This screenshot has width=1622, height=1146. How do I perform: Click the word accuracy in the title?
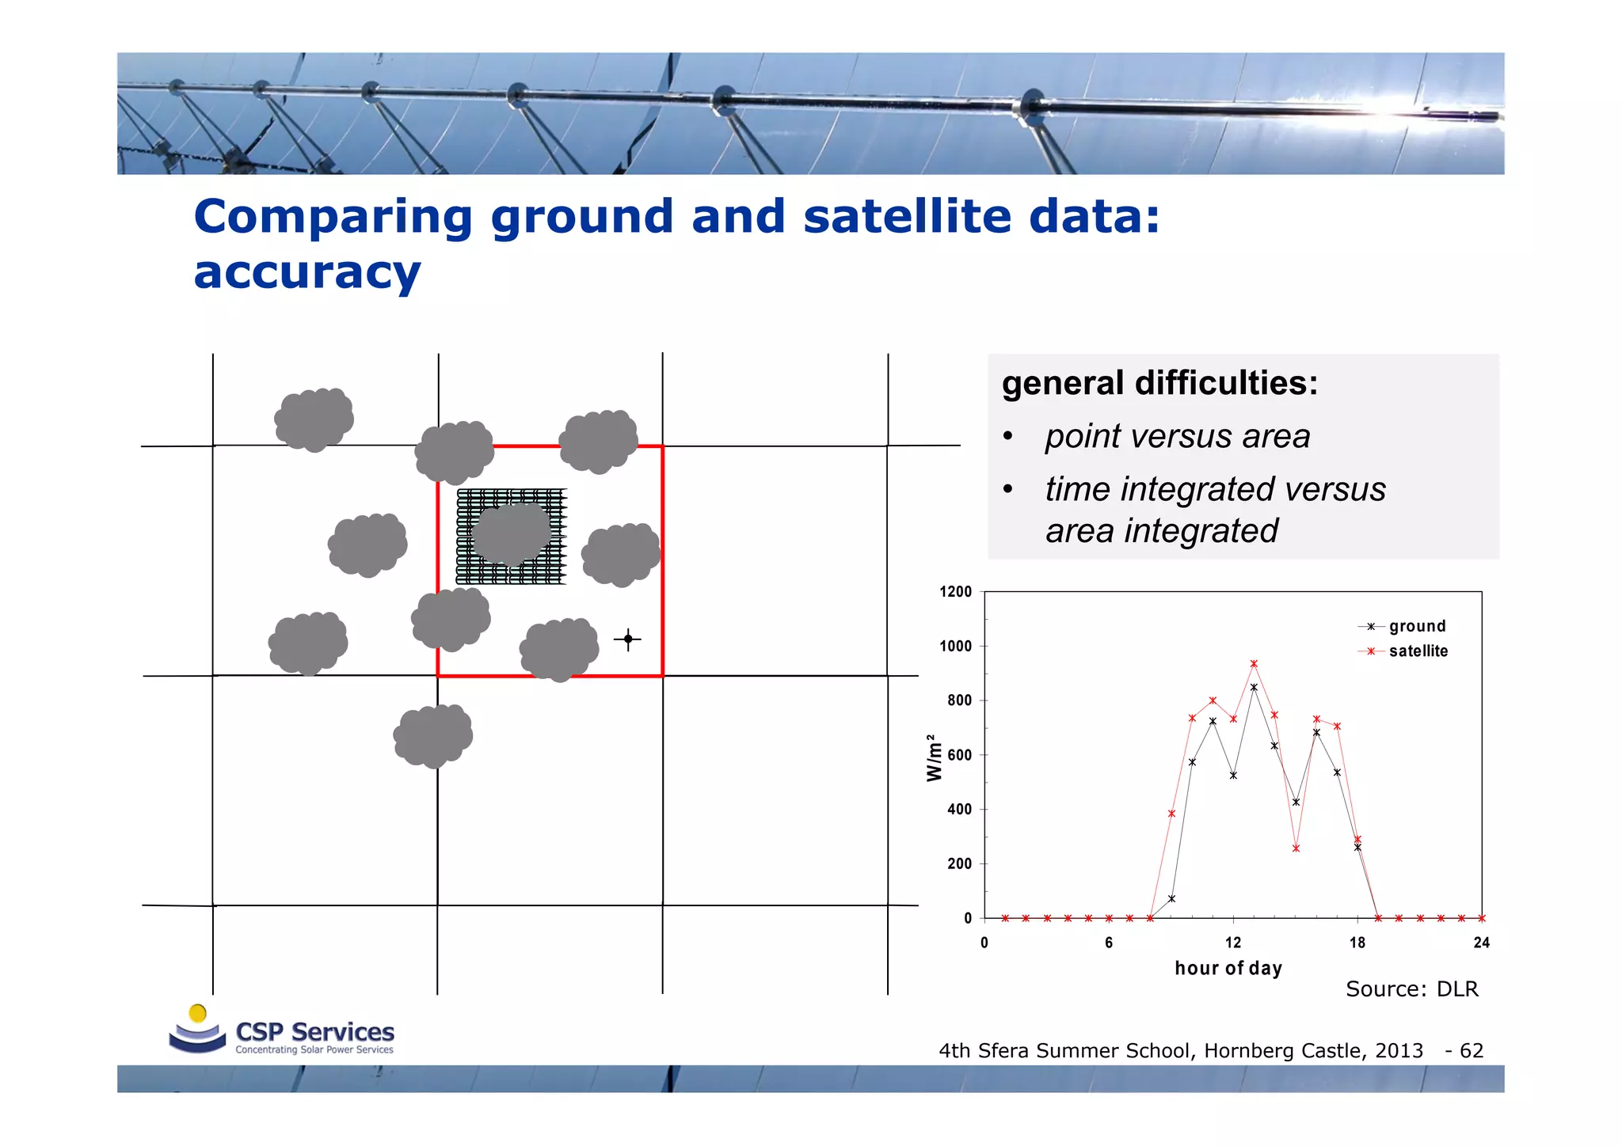pos(307,273)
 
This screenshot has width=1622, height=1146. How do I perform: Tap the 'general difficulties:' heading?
pos(1159,383)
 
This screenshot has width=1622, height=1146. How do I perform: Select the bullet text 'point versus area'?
pos(1177,436)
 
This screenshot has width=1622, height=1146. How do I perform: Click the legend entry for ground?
pos(1417,626)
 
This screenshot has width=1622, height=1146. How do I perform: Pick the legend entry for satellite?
pos(1418,651)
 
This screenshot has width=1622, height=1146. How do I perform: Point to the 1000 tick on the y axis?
pos(955,646)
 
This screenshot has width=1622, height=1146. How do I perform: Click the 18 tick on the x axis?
pos(1357,943)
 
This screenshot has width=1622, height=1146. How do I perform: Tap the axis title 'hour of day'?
pos(1228,968)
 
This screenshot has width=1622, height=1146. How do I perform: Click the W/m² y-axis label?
pos(935,757)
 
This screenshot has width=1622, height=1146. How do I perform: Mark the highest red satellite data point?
pos(1254,664)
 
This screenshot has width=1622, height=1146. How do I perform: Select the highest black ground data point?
pos(1254,687)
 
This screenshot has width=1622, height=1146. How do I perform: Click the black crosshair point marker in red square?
pos(628,639)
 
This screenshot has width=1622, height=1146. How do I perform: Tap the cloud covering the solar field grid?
pos(512,534)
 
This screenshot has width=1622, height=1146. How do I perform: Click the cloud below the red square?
pos(433,735)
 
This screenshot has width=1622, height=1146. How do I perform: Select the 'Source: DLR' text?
pos(1411,989)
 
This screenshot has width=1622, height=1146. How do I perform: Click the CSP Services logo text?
pos(314,1032)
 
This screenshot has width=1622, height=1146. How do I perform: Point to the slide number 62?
pos(1471,1050)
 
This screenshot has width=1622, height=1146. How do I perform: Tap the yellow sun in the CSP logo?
pos(198,1013)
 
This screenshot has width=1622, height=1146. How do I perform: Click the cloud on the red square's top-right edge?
pos(599,441)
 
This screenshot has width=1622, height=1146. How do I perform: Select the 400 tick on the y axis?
pos(958,809)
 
